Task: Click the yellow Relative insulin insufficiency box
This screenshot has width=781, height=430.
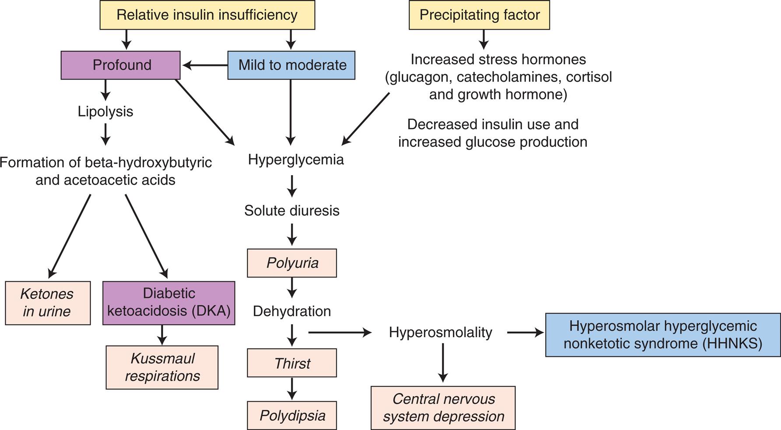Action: tap(207, 15)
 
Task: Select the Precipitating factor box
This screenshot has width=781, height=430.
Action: tap(479, 15)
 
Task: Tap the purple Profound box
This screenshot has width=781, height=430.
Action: tap(121, 65)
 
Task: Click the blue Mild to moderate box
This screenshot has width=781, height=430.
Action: tap(291, 65)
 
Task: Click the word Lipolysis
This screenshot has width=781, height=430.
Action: tap(105, 111)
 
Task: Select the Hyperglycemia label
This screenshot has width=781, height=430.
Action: tap(296, 159)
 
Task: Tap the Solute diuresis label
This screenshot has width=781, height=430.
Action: tap(291, 211)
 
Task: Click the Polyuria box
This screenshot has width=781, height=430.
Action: tap(292, 263)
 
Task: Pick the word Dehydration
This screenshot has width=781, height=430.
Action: tap(291, 311)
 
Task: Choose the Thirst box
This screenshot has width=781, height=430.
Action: tap(292, 363)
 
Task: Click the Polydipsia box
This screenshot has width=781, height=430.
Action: tap(292, 416)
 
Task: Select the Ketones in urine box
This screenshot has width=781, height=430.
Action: tap(48, 303)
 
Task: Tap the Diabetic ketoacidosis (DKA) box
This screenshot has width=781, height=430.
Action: tap(169, 303)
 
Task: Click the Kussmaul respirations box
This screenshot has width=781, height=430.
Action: tap(162, 367)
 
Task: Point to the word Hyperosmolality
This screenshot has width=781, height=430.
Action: tap(440, 332)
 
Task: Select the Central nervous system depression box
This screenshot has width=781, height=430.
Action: tap(443, 408)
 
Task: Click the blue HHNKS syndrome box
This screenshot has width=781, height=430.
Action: tap(662, 335)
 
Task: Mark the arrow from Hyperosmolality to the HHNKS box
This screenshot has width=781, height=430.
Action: tap(525, 333)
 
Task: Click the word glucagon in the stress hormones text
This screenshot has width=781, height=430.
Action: tap(420, 77)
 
